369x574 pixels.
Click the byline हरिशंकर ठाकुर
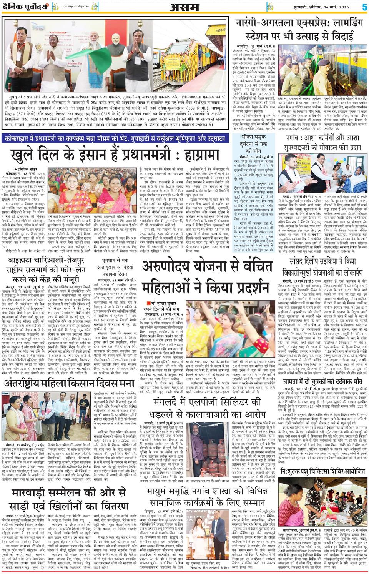coord(27,169)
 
